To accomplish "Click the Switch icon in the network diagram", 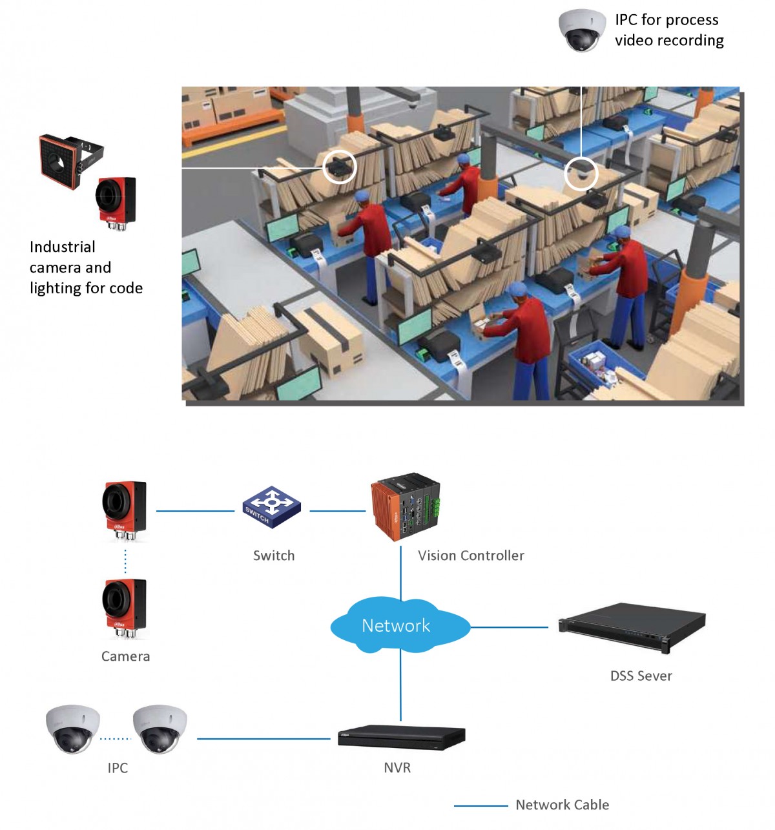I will click(272, 507).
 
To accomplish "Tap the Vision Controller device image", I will click(405, 508).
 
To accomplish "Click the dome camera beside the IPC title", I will click(582, 30).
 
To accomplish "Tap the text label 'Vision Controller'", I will click(471, 555).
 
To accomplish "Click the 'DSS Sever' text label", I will click(641, 676).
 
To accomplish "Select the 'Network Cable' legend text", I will click(562, 805).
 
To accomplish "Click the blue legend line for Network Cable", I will click(480, 805).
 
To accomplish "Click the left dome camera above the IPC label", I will click(73, 728).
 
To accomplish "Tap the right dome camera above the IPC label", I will click(160, 728).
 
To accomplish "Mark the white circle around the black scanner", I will click(339, 167).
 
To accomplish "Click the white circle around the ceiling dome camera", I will click(581, 174).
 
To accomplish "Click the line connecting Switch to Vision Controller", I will click(337, 511).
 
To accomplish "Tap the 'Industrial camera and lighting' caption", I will click(86, 267).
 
